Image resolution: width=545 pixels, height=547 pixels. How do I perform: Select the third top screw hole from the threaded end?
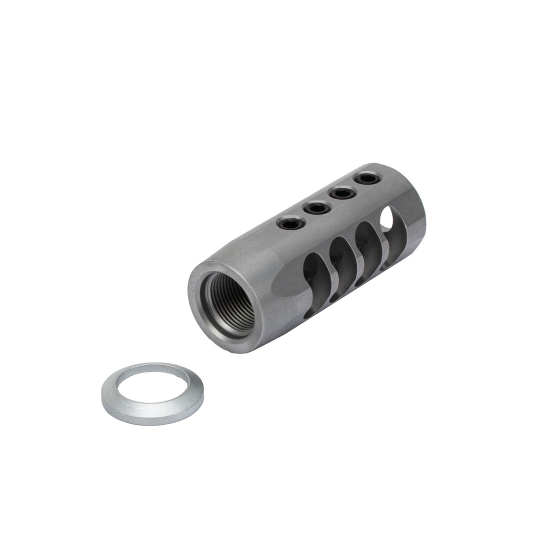(343, 191)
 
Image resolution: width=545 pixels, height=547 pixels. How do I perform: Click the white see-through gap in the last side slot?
(386, 218)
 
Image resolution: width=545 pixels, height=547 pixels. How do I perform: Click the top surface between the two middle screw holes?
(330, 199)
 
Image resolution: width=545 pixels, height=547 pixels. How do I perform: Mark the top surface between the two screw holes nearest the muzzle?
(355, 184)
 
